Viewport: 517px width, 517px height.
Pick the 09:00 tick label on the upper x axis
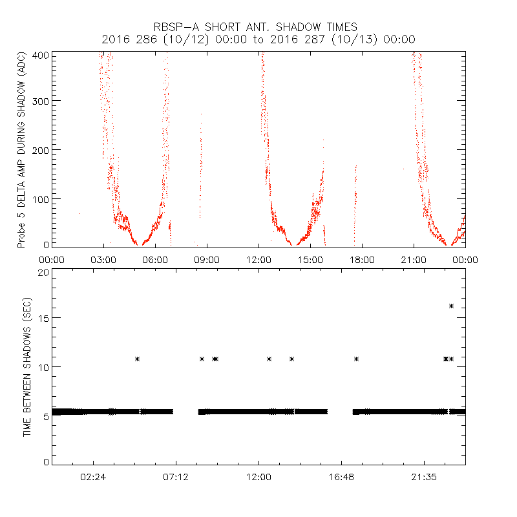(x=207, y=259)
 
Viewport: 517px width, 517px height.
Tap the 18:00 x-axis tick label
(x=362, y=259)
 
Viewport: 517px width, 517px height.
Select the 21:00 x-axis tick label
(x=414, y=259)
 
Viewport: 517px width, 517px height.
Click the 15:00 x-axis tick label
(x=310, y=259)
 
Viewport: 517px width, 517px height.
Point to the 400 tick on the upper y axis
(x=43, y=55)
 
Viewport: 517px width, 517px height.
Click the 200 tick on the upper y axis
(x=43, y=150)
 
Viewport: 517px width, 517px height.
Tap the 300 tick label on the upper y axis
(x=43, y=101)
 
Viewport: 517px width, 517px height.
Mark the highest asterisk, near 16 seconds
(x=451, y=306)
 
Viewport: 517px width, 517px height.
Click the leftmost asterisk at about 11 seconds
(x=137, y=359)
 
